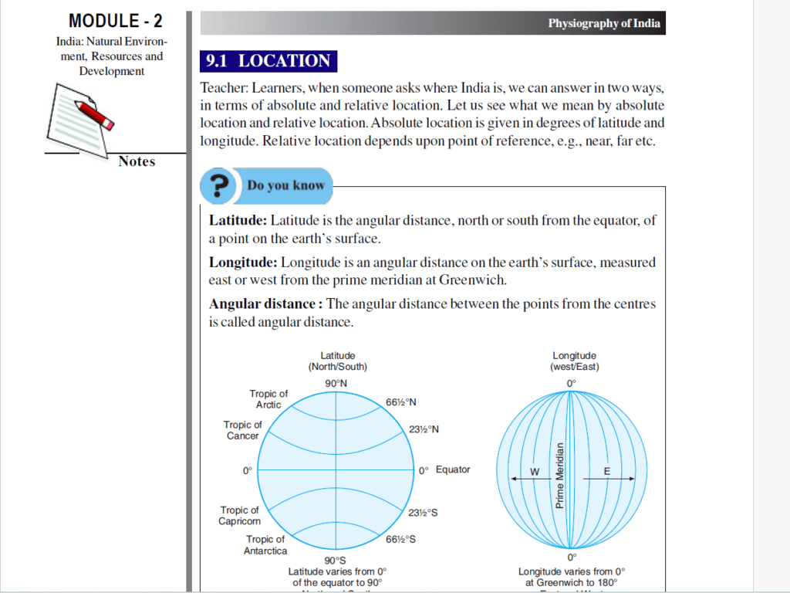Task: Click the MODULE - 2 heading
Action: pos(116,21)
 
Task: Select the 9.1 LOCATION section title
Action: pos(268,61)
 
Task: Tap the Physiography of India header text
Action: pos(604,23)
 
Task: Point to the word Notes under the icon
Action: pos(137,161)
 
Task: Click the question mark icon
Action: pos(219,186)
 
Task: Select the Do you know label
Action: pos(285,185)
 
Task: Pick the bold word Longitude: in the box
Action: pos(243,263)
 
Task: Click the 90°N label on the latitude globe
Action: pos(336,383)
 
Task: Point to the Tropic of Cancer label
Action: pos(242,430)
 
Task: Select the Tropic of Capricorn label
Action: pos(239,515)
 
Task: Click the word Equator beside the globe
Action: pos(453,469)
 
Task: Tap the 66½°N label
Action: pos(401,402)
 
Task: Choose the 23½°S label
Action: pos(424,512)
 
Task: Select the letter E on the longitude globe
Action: pos(606,472)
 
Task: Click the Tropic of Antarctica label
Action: pos(265,544)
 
